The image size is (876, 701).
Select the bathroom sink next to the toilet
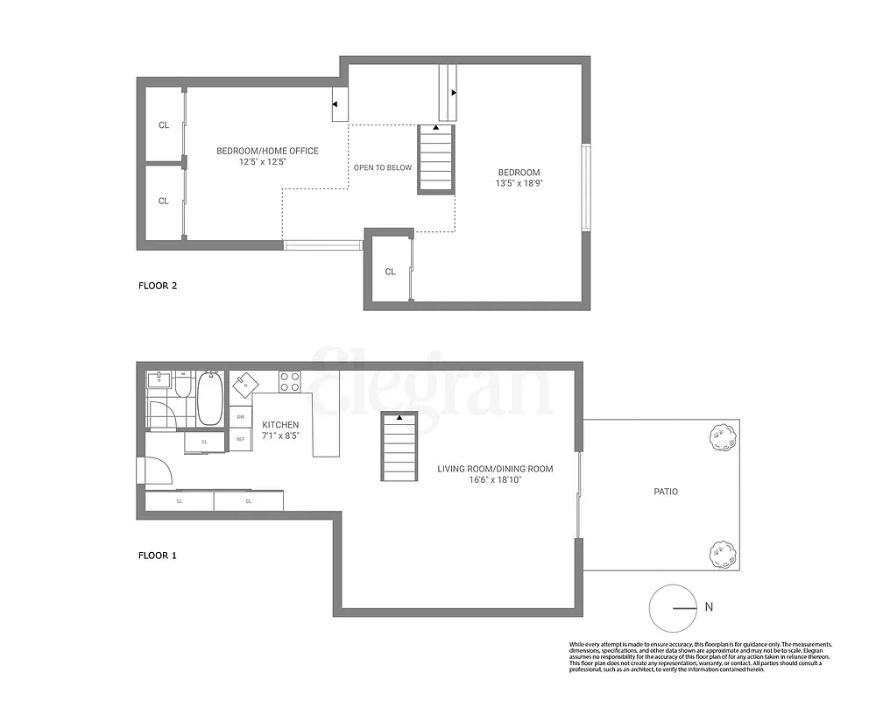pos(159,382)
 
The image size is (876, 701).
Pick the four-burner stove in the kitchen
pos(290,382)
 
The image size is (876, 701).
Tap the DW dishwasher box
pos(240,416)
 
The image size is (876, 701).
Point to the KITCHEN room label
pos(280,425)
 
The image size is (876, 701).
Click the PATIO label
pos(665,492)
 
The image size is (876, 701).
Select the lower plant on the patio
pos(722,552)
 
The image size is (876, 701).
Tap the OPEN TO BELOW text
pos(382,167)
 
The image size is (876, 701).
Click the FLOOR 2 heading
pos(159,286)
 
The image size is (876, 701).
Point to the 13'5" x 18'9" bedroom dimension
pos(519,184)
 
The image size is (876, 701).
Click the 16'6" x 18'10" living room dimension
pos(495,480)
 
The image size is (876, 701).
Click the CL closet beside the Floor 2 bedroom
pos(390,272)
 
